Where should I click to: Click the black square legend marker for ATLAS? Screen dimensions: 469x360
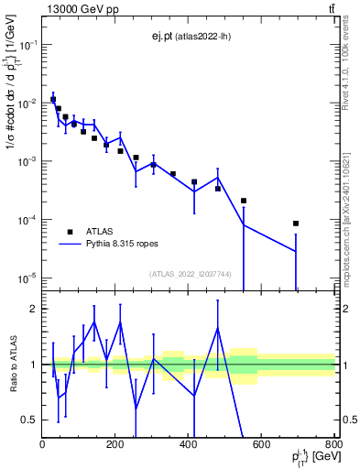[x=70, y=232]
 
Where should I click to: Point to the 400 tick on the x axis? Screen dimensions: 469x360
[x=189, y=444]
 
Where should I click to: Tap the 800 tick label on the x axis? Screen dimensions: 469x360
[x=334, y=444]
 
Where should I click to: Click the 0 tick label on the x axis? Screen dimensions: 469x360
[x=43, y=444]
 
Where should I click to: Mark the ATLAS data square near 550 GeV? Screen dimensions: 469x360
[x=244, y=201]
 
